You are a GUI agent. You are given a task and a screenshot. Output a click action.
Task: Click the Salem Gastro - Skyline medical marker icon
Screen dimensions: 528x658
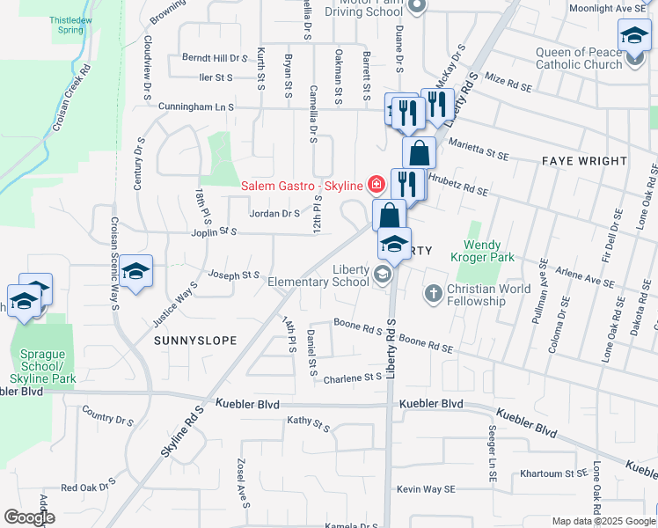pyautogui.click(x=377, y=184)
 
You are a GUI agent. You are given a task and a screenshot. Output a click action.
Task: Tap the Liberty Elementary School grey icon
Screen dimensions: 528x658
pyautogui.click(x=383, y=276)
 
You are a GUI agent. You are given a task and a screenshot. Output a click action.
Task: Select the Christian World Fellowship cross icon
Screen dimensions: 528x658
pyautogui.click(x=433, y=292)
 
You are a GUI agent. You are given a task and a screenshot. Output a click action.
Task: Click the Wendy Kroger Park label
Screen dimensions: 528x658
pyautogui.click(x=487, y=250)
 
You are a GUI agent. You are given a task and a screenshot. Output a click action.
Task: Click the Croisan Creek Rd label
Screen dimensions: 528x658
pyautogui.click(x=72, y=97)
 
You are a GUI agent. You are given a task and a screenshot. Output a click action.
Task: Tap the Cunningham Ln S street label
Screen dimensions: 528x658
pyautogui.click(x=196, y=106)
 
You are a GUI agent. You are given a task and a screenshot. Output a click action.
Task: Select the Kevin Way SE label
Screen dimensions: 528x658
pyautogui.click(x=426, y=489)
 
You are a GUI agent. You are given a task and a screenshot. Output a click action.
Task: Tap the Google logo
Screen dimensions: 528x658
pyautogui.click(x=29, y=517)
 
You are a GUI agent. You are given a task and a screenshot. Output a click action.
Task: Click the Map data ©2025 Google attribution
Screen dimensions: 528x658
pyautogui.click(x=603, y=521)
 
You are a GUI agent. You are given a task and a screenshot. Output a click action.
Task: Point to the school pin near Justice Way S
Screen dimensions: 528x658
pyautogui.click(x=136, y=271)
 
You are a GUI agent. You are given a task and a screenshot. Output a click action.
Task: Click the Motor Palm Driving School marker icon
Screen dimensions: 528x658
pyautogui.click(x=418, y=5)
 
